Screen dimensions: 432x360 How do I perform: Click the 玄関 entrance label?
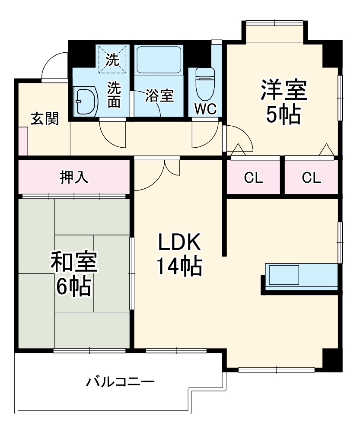tap(45, 118)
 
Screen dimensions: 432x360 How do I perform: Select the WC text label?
tap(205, 109)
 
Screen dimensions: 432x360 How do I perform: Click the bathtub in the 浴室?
tap(159, 60)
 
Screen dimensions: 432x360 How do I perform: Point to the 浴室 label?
tap(159, 95)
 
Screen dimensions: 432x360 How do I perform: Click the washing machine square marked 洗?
tap(113, 59)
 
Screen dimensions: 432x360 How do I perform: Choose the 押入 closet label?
tap(74, 177)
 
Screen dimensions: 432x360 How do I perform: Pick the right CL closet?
tap(312, 178)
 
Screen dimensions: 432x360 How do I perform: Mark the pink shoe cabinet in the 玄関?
tap(22, 141)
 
